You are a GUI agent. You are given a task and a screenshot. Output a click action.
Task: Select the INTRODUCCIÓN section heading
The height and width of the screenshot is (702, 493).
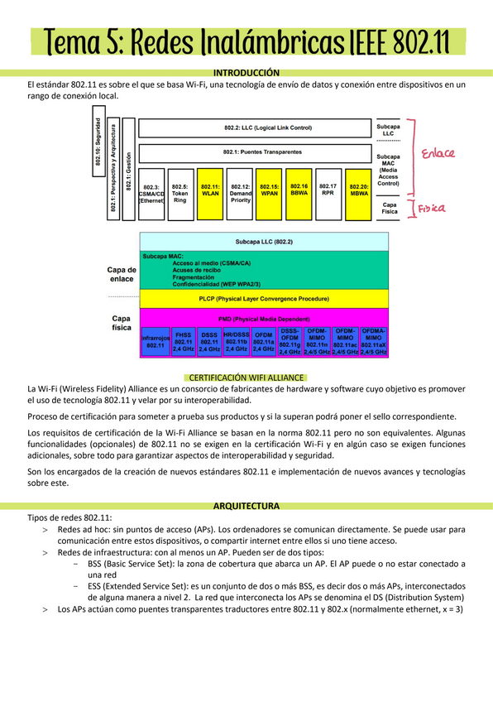click(247, 73)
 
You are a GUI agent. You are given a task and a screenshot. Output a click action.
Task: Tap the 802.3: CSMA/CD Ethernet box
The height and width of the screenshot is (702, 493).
click(151, 195)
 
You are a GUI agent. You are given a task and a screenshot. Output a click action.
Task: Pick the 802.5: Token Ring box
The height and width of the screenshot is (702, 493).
click(180, 195)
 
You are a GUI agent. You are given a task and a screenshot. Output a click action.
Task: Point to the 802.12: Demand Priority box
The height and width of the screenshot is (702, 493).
click(240, 195)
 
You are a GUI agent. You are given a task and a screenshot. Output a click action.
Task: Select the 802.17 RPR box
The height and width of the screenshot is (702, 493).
click(328, 195)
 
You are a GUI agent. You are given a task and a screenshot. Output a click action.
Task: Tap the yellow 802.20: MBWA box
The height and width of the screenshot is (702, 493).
click(358, 195)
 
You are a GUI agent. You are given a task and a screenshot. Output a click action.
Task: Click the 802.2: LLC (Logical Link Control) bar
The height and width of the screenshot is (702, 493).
click(256, 128)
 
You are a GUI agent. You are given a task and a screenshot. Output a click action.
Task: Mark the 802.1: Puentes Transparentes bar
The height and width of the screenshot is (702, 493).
click(256, 153)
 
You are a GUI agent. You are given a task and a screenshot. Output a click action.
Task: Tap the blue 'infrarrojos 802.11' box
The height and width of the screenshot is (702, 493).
click(156, 341)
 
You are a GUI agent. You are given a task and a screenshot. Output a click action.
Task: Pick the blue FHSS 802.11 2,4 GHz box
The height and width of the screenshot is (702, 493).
click(183, 341)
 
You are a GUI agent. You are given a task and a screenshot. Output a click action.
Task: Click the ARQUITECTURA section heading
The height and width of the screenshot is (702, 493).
click(247, 504)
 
